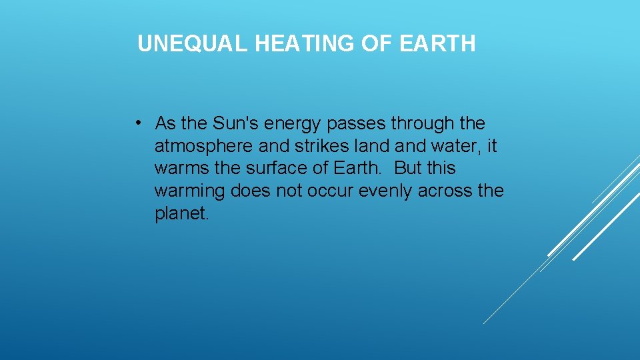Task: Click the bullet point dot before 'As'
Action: click(136, 123)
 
